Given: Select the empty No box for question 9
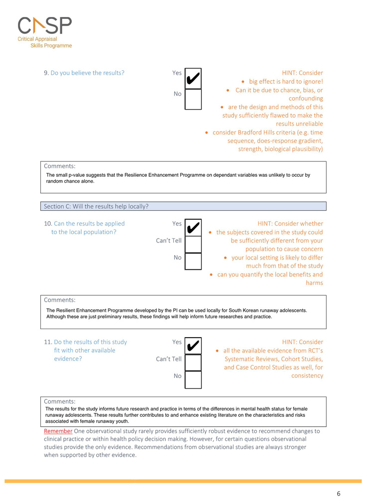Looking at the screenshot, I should coord(193,99).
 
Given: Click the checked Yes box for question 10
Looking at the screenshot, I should coord(193,228).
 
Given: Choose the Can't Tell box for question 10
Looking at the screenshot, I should coord(193,245).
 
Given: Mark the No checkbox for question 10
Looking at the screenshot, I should coord(193,261).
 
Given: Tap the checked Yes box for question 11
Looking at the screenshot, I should coord(193,346).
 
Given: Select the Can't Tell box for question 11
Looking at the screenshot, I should coord(193,363).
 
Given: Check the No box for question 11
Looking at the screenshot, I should coord(193,379).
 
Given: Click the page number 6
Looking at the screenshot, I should coord(338,494).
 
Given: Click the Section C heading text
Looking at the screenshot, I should coord(96,206).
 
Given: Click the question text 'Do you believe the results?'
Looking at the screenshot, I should coord(88,73).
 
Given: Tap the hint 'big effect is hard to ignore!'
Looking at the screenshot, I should coord(285,81).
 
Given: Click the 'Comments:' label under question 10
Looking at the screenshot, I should coord(60,300).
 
